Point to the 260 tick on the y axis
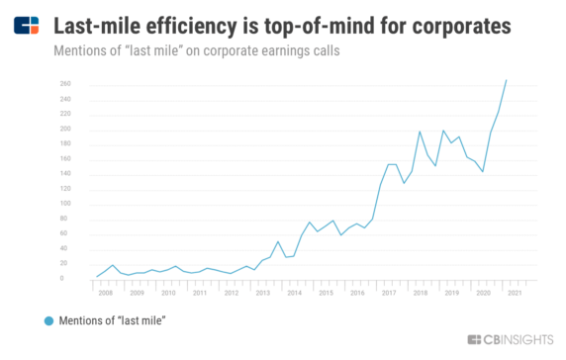point(65,84)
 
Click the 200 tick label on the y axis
point(65,130)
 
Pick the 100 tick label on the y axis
point(65,205)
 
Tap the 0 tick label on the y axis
point(62,279)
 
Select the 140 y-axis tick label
point(65,174)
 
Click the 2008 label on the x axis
point(105,293)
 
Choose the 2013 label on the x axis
point(261,293)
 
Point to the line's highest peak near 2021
point(507,80)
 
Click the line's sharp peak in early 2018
point(420,132)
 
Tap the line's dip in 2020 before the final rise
point(483,172)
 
